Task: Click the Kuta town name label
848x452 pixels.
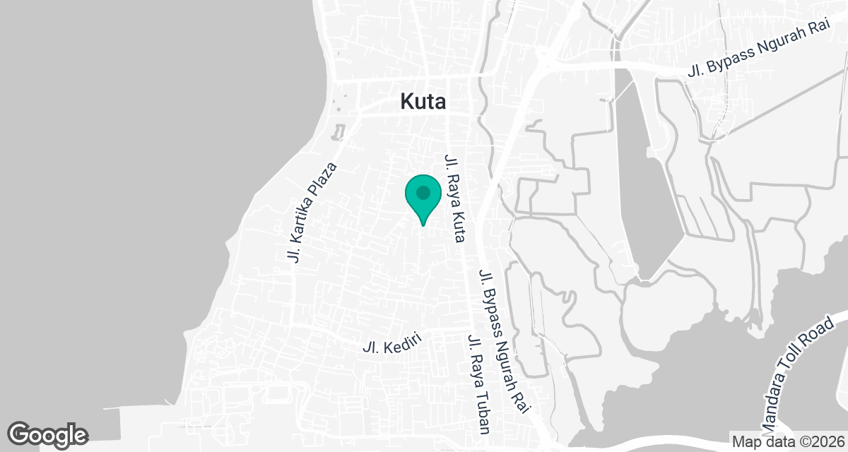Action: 423,102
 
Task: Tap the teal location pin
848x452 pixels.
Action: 423,198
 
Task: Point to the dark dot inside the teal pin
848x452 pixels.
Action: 423,192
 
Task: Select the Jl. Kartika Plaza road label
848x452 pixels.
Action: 312,213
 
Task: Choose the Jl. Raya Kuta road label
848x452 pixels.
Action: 453,198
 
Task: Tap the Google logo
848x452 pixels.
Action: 47,434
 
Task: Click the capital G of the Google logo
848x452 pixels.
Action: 20,433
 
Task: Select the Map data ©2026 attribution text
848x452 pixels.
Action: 786,441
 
